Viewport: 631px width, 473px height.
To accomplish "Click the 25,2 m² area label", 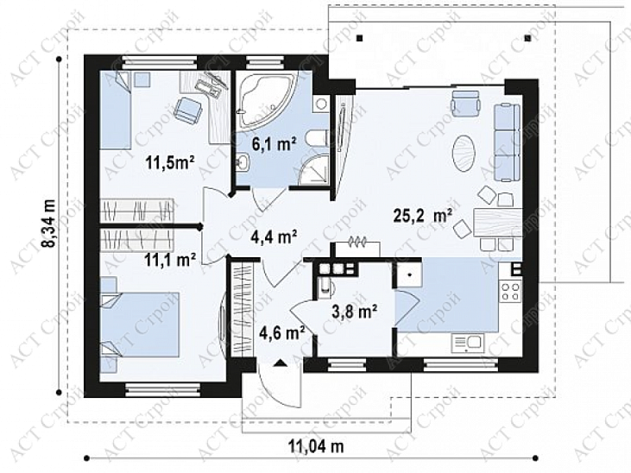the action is pyautogui.click(x=423, y=217).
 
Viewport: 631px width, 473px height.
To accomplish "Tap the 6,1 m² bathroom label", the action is pyautogui.click(x=274, y=143).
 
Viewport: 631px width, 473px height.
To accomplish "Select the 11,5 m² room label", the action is pyautogui.click(x=170, y=164).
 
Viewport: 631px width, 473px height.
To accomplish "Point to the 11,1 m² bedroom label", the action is pyautogui.click(x=171, y=260).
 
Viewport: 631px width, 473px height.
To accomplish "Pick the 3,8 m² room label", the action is pyautogui.click(x=355, y=311).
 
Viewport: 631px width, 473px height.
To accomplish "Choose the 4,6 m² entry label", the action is pyautogui.click(x=281, y=332).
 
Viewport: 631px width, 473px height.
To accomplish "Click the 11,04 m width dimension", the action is pyautogui.click(x=316, y=446).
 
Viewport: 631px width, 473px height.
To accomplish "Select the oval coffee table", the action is pyautogui.click(x=465, y=154).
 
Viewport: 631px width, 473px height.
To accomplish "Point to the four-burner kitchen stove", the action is pyautogui.click(x=510, y=292).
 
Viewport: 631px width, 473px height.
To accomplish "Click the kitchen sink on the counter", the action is pyautogui.click(x=468, y=344).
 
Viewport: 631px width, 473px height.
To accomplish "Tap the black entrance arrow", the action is pyautogui.click(x=281, y=363).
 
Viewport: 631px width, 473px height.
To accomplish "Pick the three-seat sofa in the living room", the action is pyautogui.click(x=507, y=143).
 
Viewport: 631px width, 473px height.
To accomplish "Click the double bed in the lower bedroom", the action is pyautogui.click(x=139, y=325).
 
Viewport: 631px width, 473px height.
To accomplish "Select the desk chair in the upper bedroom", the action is pyautogui.click(x=187, y=109).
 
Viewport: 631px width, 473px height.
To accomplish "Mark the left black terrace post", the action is pyautogui.click(x=360, y=38).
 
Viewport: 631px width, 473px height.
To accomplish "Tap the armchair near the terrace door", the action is pyautogui.click(x=466, y=103).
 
